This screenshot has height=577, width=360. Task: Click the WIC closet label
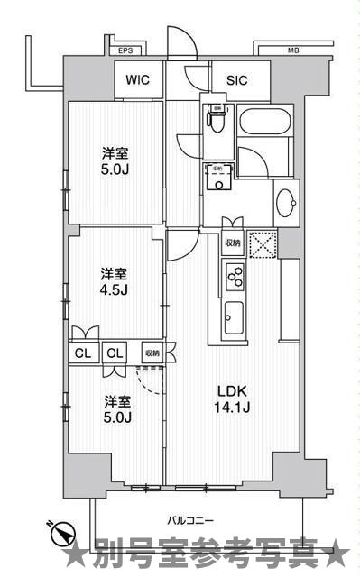tap(138, 80)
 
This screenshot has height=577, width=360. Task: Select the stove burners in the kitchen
tap(233, 277)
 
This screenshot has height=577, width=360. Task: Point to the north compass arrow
tap(60, 534)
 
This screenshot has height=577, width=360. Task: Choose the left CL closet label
tap(83, 353)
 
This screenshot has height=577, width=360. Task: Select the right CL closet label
tap(114, 353)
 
